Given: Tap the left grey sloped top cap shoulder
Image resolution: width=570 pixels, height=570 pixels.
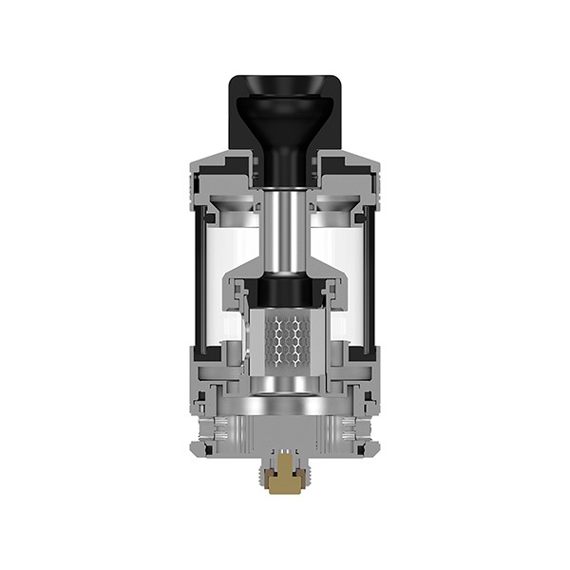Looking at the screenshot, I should [215, 164].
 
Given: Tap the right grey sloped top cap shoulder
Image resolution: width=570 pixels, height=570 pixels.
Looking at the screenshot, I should [355, 164].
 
